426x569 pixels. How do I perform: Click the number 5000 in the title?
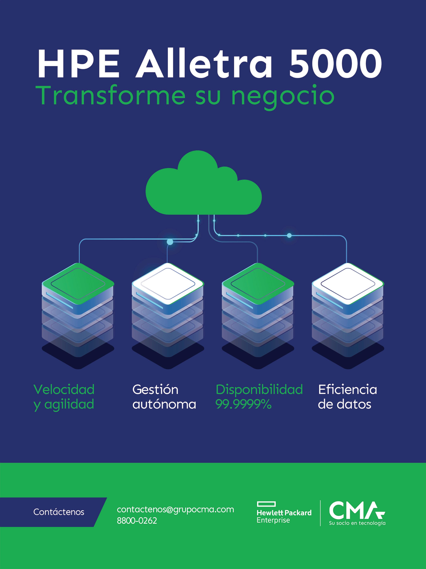(x=335, y=64)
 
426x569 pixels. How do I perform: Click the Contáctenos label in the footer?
(x=59, y=512)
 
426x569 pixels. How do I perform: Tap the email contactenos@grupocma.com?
(x=175, y=510)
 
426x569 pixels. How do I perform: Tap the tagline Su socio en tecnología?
(x=357, y=523)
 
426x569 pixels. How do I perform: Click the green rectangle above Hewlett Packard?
(x=266, y=504)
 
